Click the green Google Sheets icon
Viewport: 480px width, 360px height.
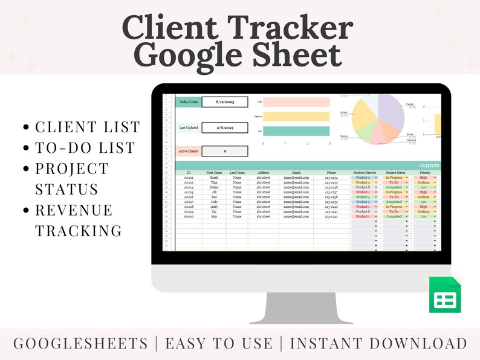446,294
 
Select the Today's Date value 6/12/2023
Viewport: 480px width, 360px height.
224,102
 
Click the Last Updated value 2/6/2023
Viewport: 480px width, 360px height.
224,128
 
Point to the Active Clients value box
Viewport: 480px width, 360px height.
224,151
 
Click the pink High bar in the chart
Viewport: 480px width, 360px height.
296,102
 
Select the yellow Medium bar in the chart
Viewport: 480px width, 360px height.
296,117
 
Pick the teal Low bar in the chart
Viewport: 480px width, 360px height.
296,131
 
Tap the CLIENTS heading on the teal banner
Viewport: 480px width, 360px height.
429,166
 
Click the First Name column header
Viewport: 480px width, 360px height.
215,173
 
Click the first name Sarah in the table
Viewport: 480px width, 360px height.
215,178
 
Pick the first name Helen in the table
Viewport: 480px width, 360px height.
215,187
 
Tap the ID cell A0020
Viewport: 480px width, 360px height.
189,216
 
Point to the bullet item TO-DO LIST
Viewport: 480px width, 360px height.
85,148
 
